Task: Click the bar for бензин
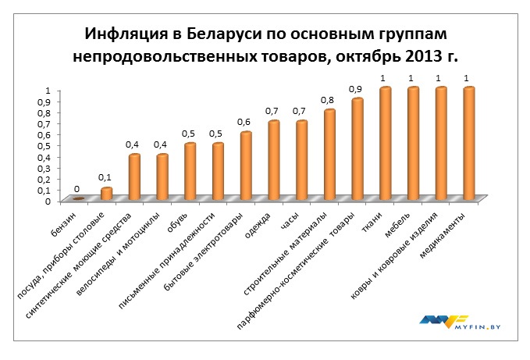point(79,198)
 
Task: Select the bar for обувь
point(190,171)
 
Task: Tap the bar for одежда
point(274,160)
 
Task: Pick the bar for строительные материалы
point(329,154)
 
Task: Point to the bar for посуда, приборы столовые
point(107,193)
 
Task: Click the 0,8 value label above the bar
point(329,100)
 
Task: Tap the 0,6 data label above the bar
point(245,122)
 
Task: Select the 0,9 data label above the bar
point(357,89)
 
